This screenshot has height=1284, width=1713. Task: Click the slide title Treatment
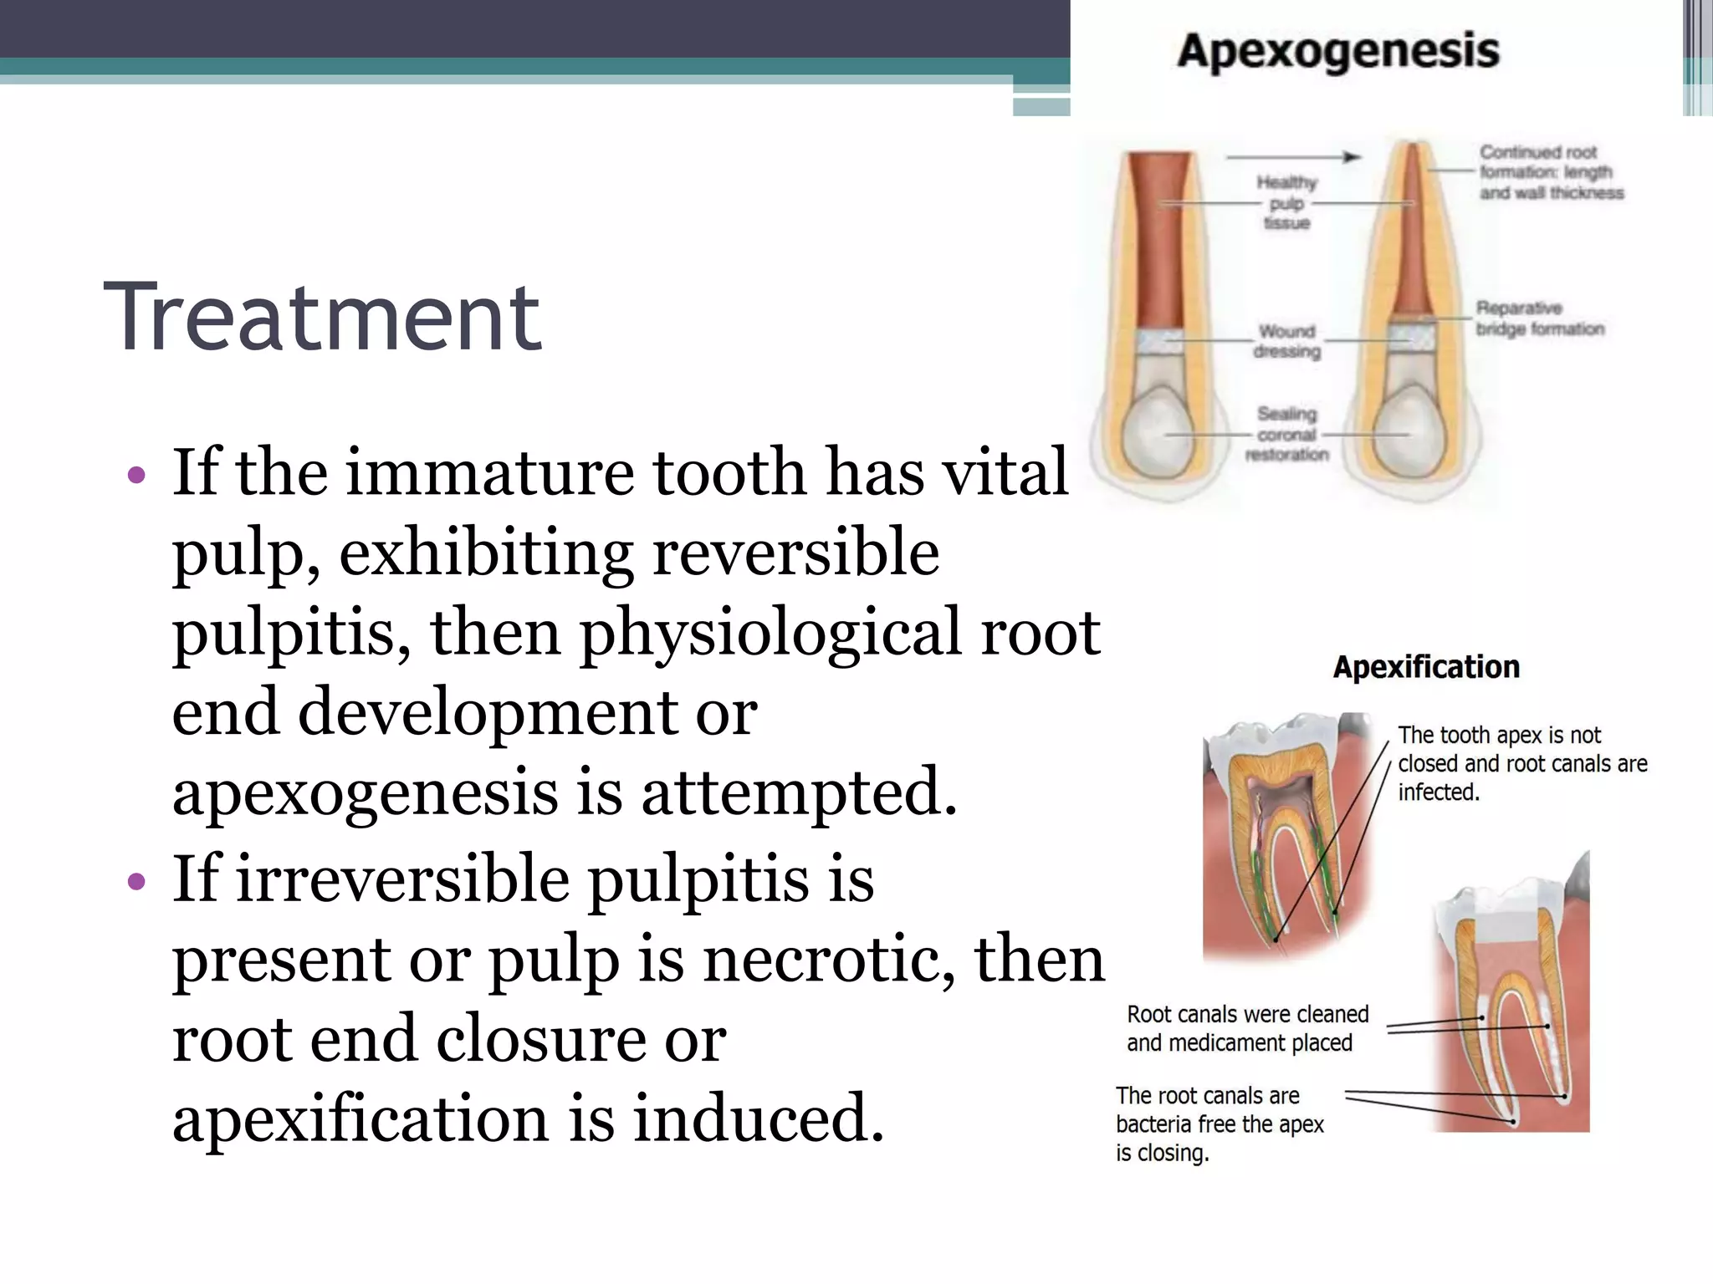click(x=322, y=318)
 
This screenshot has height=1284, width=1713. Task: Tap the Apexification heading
click(x=1425, y=667)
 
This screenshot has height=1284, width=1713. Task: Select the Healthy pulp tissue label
click(x=1286, y=202)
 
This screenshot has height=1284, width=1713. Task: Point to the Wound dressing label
click(x=1286, y=341)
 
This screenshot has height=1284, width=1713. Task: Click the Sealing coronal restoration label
click(x=1286, y=434)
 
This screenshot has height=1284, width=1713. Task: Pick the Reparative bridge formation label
click(x=1539, y=318)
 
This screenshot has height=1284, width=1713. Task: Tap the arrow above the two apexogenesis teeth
click(x=1292, y=156)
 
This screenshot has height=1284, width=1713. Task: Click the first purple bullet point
click(x=136, y=476)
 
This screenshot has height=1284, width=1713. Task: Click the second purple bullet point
click(x=136, y=882)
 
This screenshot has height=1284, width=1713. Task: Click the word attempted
click(x=799, y=792)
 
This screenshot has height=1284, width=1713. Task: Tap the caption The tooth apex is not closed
click(x=1521, y=763)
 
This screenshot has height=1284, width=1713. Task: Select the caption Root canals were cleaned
click(x=1246, y=1028)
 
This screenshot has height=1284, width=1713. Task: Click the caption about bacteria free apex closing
click(x=1219, y=1123)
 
